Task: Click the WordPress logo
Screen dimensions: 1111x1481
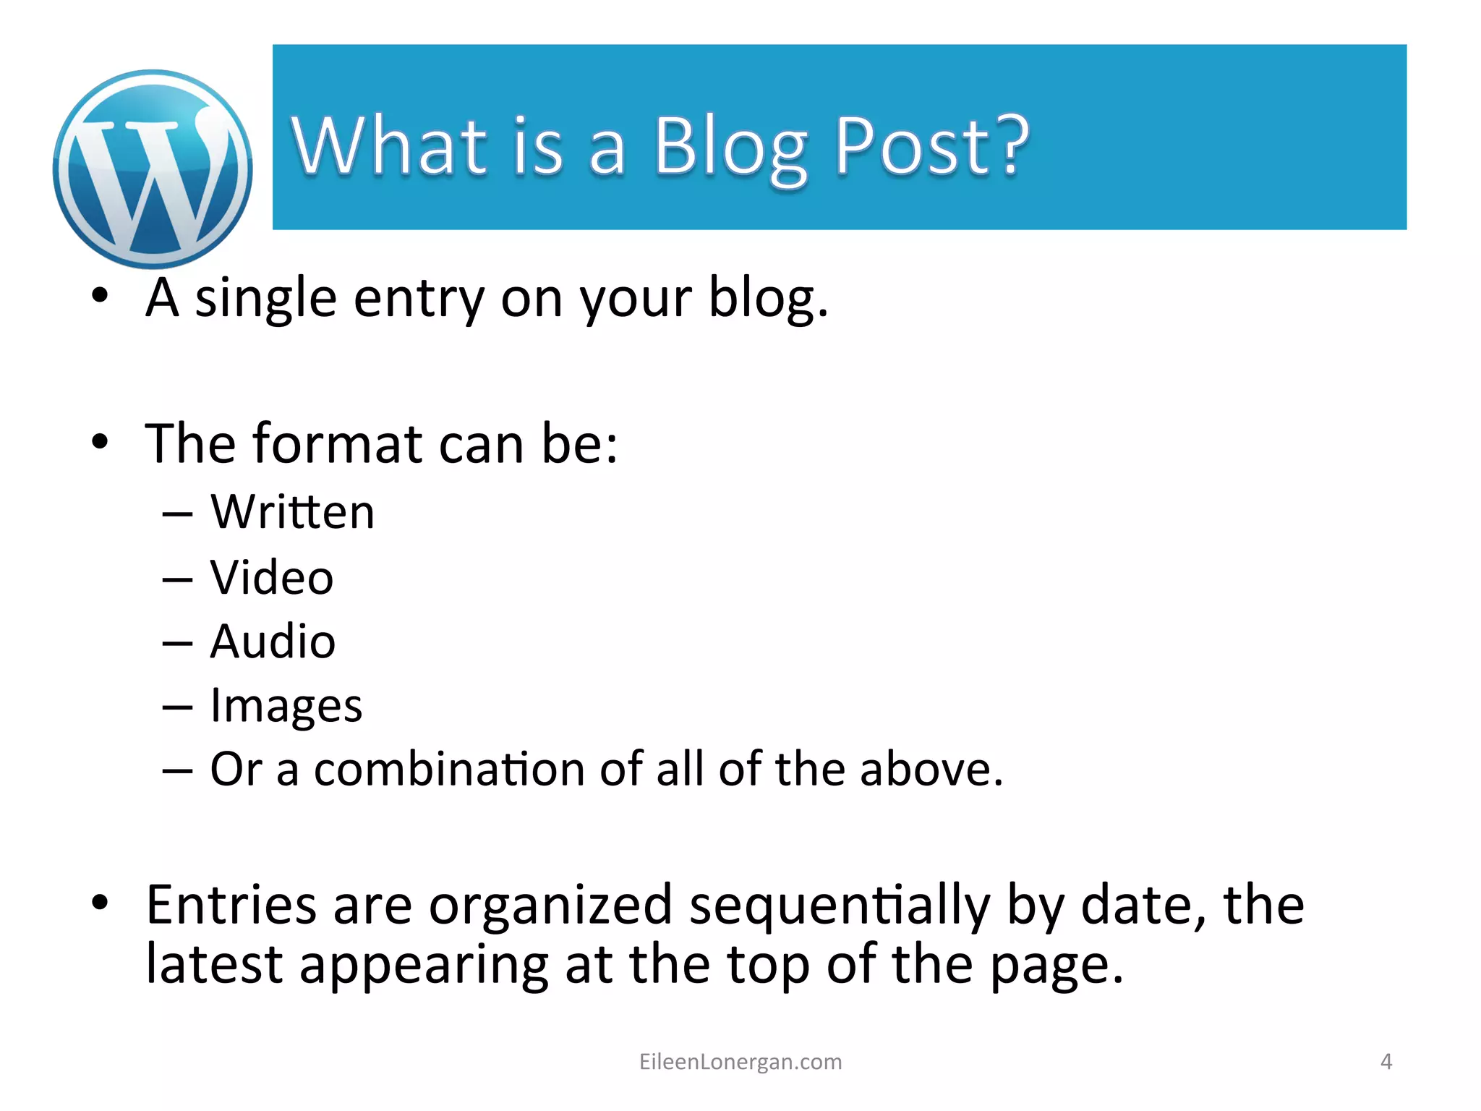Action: click(x=153, y=169)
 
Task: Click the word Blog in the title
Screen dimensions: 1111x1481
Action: click(x=730, y=148)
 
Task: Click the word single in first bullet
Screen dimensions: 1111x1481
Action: click(x=265, y=299)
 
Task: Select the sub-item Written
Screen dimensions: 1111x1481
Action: click(x=292, y=512)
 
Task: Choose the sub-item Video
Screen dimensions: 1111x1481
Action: click(x=272, y=578)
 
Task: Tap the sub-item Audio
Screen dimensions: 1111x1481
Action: click(x=273, y=642)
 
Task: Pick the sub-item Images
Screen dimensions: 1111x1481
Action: click(x=286, y=706)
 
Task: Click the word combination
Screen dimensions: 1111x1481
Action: click(x=449, y=769)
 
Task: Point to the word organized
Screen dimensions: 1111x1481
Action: click(x=550, y=906)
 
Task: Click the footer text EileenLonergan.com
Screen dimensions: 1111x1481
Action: click(x=740, y=1062)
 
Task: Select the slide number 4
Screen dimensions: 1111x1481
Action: click(x=1386, y=1062)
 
